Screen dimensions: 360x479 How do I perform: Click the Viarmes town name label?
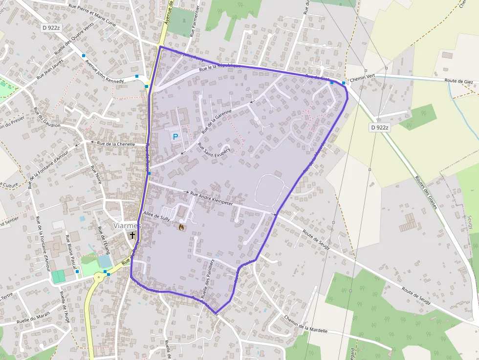point(127,226)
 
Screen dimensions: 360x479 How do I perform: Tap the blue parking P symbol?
point(175,137)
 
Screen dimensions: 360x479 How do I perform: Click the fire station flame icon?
point(182,227)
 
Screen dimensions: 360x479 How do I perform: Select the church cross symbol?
point(132,235)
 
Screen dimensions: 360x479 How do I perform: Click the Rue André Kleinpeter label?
point(211,198)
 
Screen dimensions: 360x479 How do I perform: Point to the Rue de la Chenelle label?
point(116,144)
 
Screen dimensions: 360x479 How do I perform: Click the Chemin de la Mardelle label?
point(306,323)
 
